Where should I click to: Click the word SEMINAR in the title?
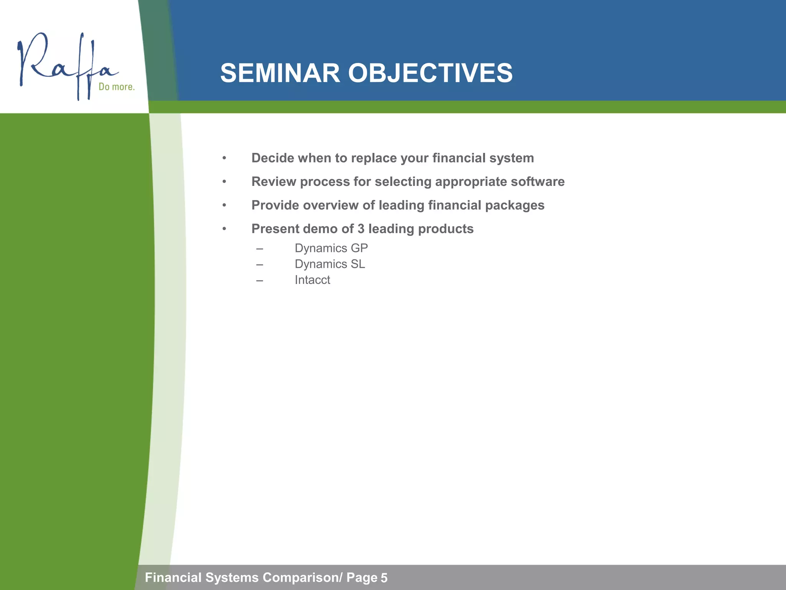point(280,73)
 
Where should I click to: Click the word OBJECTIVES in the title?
point(430,73)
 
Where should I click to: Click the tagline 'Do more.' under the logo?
point(117,87)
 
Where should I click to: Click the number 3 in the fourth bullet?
point(361,229)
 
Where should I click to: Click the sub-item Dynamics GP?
point(331,248)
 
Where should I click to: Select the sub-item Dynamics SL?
point(330,264)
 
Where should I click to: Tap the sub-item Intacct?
point(312,280)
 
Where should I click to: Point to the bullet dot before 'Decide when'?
point(224,158)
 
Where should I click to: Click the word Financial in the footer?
point(173,577)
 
